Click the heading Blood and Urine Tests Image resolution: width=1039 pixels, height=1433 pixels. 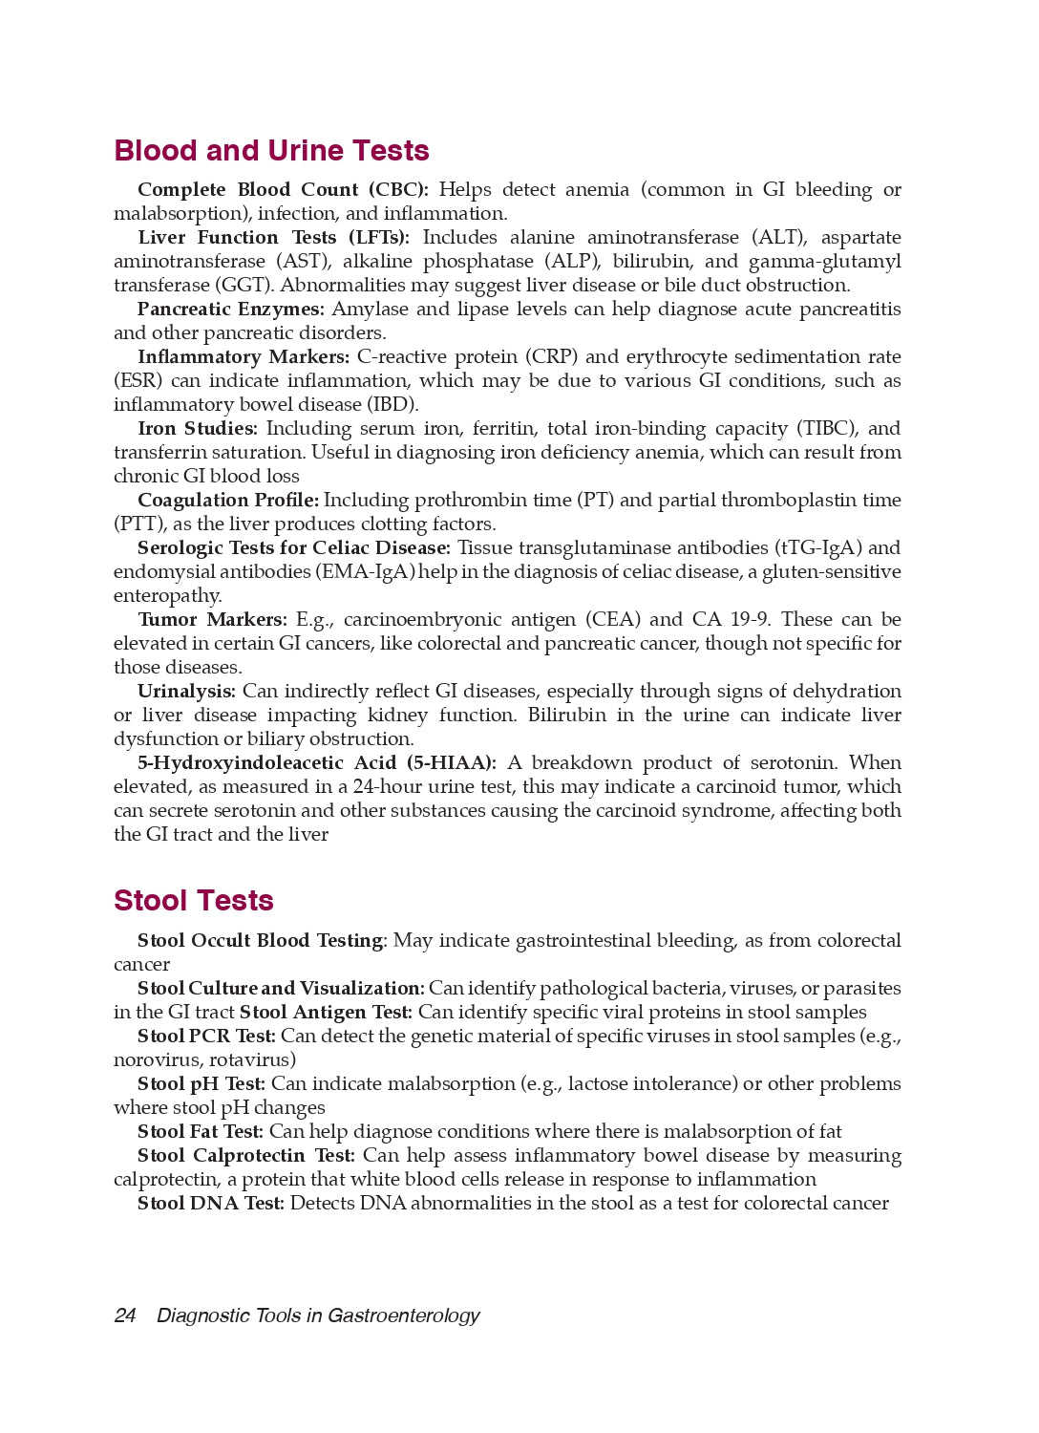tap(271, 151)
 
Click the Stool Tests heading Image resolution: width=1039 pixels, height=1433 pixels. tap(193, 901)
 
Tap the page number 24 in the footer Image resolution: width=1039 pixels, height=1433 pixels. tap(124, 1315)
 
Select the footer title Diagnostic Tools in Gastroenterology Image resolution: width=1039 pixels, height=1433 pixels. tap(318, 1315)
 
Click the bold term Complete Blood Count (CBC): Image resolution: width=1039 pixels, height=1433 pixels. tap(283, 190)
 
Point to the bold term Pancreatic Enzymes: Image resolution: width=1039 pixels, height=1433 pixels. tap(230, 310)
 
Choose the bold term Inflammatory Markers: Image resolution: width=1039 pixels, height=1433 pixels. tap(244, 357)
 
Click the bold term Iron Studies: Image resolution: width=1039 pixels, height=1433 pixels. tap(198, 429)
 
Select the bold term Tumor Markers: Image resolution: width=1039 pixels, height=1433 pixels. tap(212, 620)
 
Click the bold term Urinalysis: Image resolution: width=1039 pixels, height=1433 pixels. tap(186, 692)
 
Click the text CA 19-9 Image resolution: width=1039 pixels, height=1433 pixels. tap(732, 620)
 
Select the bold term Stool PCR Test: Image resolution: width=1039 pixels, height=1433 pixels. tap(206, 1037)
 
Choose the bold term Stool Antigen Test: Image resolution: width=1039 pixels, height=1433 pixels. tap(326, 1013)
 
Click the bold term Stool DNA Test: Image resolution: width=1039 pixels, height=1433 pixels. tap(211, 1204)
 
